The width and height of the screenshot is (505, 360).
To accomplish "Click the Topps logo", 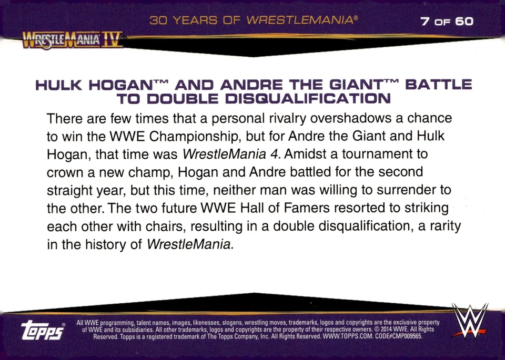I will tap(42, 330).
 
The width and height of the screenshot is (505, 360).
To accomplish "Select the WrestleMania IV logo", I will tap(73, 40).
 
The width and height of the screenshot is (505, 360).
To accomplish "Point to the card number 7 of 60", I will tap(447, 22).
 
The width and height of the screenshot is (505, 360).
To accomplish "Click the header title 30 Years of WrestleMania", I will tap(254, 22).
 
